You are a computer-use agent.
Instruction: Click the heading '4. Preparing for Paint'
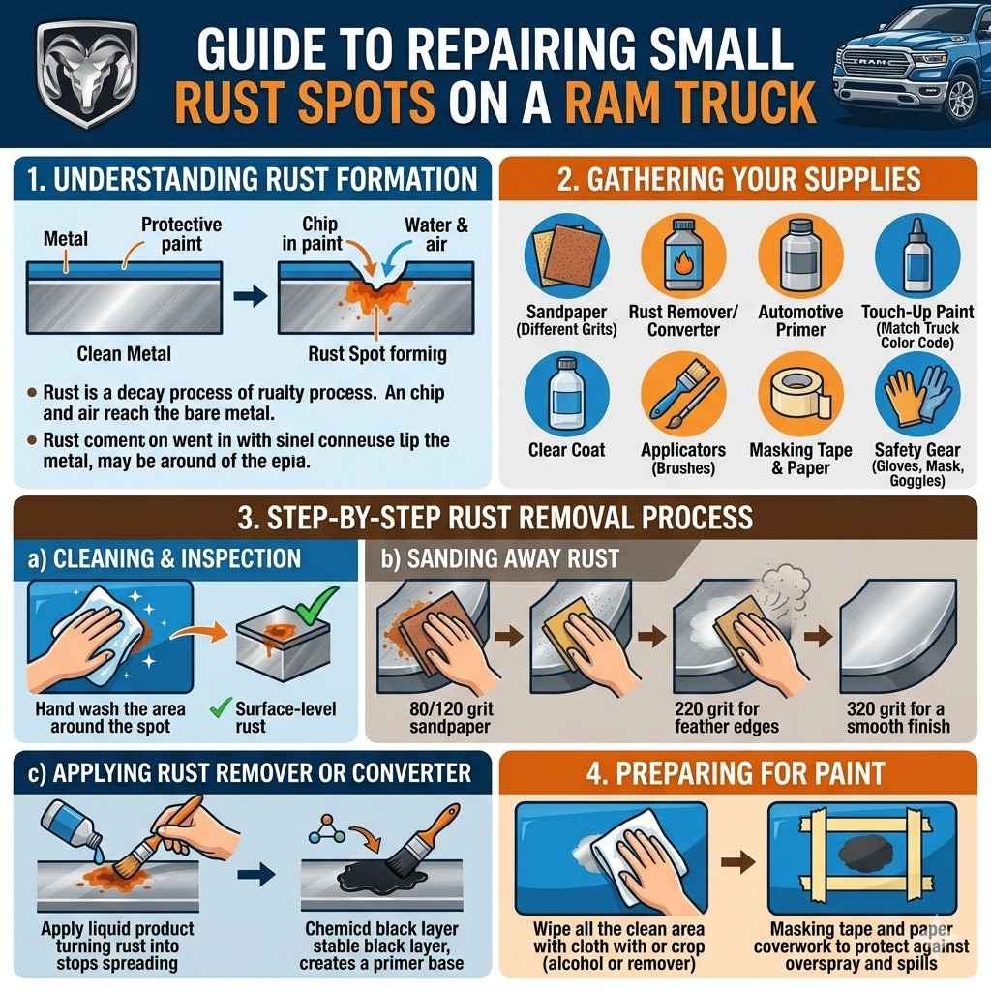[x=742, y=773]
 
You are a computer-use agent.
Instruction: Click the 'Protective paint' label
[x=182, y=233]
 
